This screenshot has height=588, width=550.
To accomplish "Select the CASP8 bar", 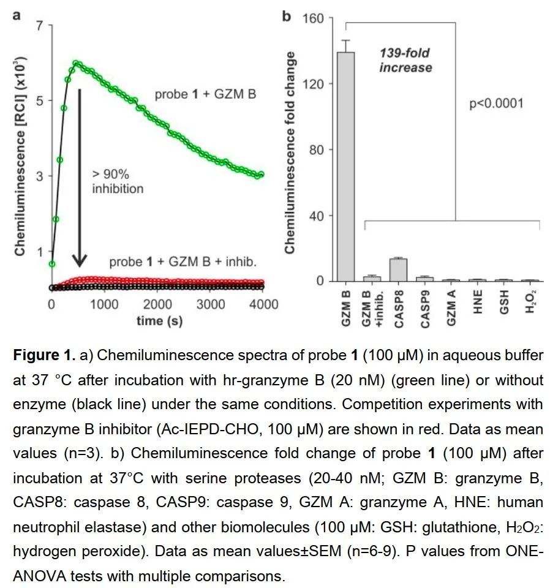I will coord(398,269).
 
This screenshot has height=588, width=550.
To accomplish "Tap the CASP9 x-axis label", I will coord(426,306).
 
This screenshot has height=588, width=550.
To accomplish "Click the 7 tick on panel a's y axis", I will coord(40,26).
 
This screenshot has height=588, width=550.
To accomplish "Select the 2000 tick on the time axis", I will coord(157,304).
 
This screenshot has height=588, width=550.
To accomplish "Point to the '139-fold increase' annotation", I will coord(405,60).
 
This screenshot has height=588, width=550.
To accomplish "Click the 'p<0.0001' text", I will coord(496,103).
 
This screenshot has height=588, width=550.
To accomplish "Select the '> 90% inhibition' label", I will coord(118,181).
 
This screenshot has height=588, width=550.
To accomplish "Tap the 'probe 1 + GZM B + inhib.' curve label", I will coord(183,262).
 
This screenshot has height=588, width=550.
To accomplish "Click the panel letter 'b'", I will coord(286,15).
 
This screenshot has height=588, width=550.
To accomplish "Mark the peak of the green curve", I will coord(77,62).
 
